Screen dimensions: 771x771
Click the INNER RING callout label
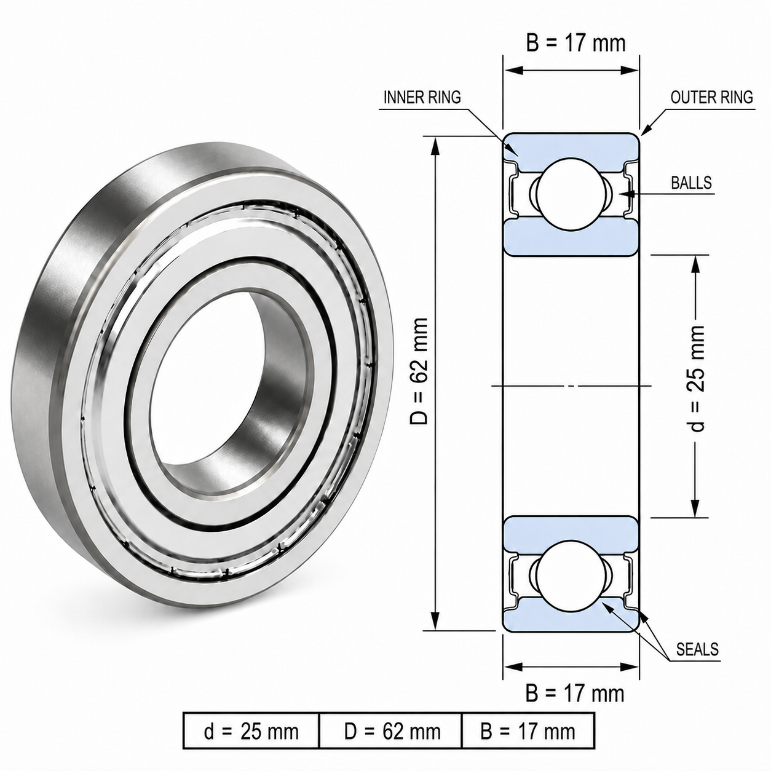422,97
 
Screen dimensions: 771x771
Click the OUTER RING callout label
711,97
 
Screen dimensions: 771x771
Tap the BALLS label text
692,183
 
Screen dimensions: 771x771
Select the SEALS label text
697,649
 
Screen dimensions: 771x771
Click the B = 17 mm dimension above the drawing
575,43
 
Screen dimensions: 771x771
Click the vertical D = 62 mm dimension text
419,371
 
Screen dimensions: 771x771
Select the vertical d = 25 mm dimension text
697,379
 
